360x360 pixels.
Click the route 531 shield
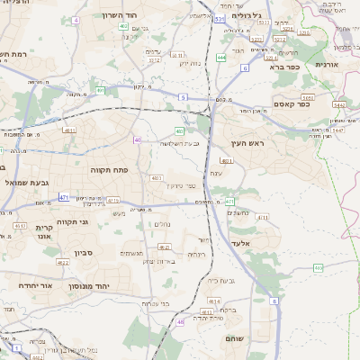coord(220,17)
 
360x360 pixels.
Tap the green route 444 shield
coord(220,58)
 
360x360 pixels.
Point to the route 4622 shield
coord(64,262)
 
